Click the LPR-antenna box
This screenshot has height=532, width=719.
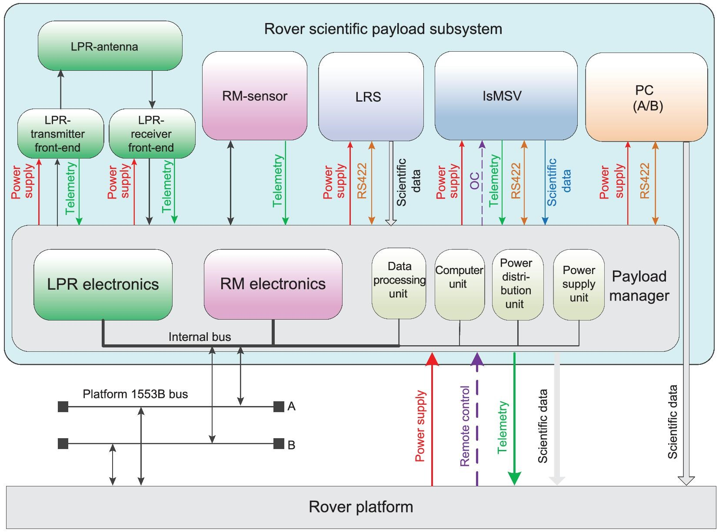point(110,46)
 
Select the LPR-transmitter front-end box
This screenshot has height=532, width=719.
point(60,133)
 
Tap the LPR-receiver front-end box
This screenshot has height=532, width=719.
point(152,133)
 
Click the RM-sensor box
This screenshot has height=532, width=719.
point(254,96)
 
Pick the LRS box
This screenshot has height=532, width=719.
point(371,96)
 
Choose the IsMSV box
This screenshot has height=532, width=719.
point(506,96)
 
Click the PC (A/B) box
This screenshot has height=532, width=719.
point(646,97)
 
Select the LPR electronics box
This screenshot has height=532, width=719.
point(103,285)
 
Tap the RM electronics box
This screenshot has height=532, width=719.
point(273,284)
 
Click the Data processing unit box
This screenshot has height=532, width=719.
point(399,284)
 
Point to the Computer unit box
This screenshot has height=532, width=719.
point(459,284)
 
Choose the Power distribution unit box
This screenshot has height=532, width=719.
point(518,285)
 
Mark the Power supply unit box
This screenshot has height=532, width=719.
point(579,285)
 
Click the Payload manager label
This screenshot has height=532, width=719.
point(639,286)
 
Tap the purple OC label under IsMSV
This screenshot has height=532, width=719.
point(474,181)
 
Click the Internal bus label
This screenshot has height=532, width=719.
point(200,337)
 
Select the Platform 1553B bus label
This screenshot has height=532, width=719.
point(135,394)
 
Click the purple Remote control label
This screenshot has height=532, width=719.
point(465,426)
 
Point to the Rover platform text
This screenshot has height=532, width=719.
point(361,507)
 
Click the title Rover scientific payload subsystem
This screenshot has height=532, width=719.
point(383,29)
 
